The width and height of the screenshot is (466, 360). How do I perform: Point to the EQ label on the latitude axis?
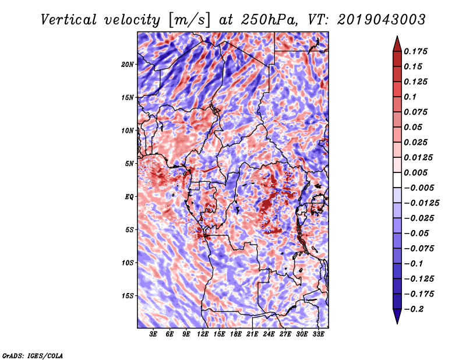[x=129, y=197]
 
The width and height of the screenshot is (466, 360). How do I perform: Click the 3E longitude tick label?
[x=154, y=334]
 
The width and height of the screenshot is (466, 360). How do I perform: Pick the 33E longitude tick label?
[x=318, y=334]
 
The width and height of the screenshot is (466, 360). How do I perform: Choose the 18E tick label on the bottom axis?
[x=236, y=334]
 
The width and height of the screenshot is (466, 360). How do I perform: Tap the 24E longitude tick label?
[x=269, y=334]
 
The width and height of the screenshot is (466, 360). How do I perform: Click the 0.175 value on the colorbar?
[x=417, y=51]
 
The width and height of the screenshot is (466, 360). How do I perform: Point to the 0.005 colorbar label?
[x=417, y=172]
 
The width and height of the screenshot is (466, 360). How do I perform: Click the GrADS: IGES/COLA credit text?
[x=32, y=355]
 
